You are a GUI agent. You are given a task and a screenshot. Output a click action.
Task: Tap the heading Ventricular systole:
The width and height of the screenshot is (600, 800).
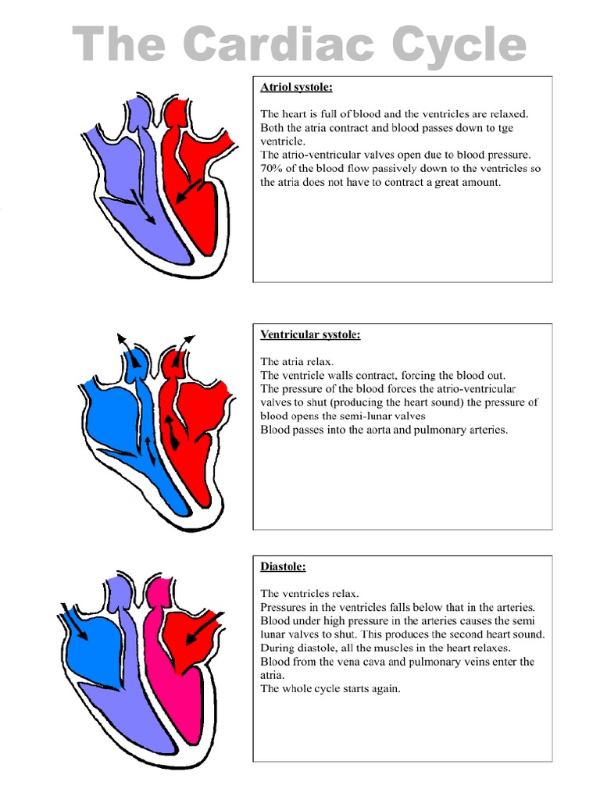click(310, 334)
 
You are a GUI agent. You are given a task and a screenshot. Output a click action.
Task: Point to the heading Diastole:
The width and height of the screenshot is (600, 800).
click(282, 566)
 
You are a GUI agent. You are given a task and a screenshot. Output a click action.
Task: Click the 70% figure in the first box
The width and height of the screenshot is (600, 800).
click(272, 169)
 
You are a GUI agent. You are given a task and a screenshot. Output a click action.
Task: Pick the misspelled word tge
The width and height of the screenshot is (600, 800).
click(505, 127)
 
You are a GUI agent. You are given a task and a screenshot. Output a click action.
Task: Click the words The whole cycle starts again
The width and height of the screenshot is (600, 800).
click(330, 689)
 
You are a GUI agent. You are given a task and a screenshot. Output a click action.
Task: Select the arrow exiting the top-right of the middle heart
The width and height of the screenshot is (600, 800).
click(187, 341)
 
